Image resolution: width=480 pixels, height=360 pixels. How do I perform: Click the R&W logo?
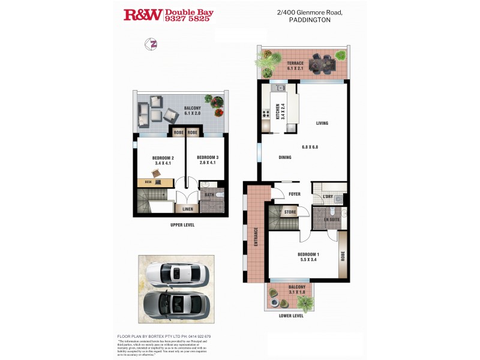(x=142, y=15)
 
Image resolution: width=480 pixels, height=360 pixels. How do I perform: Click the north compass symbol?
(x=152, y=44)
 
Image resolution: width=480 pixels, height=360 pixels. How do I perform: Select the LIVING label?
(x=323, y=124)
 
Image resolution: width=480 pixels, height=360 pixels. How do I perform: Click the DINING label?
(x=285, y=158)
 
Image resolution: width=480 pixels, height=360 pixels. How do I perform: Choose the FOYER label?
(x=294, y=194)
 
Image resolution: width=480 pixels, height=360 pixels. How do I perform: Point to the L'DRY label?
(x=328, y=197)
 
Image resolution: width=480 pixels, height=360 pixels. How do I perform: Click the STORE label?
(x=290, y=212)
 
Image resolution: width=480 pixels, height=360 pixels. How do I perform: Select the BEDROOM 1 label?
(x=308, y=254)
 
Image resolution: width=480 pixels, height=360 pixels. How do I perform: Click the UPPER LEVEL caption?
(x=182, y=225)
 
